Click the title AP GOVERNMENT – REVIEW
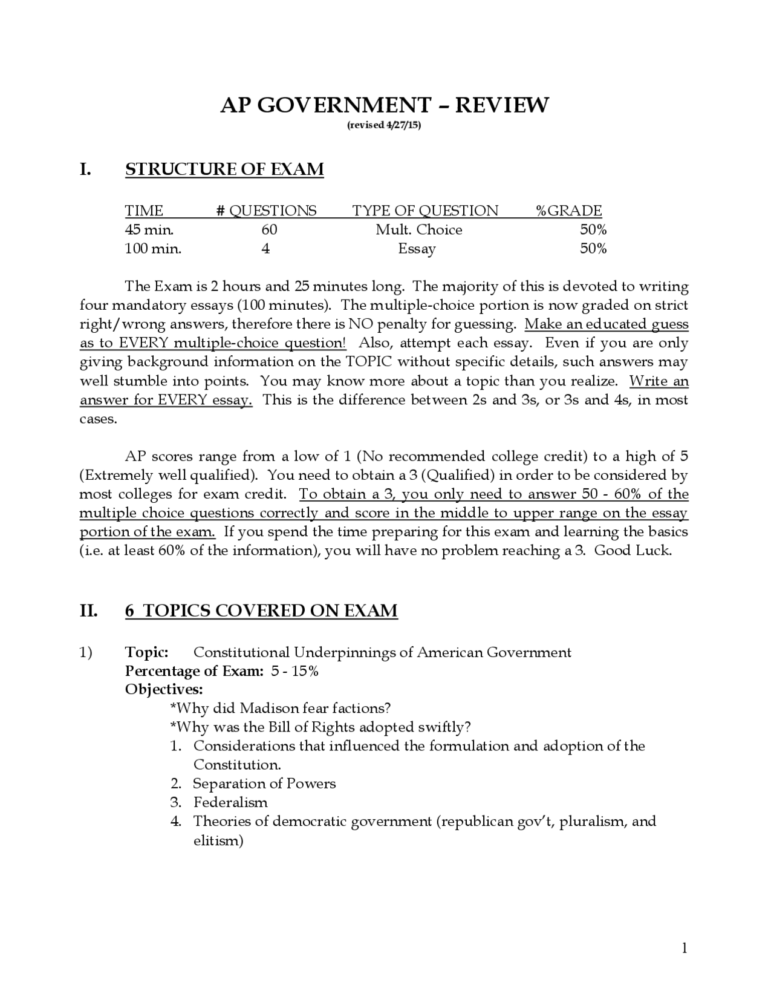[x=385, y=105]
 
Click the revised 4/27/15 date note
[x=384, y=125]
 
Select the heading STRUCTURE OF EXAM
[x=224, y=169]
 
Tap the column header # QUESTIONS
[x=266, y=211]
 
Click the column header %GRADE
[x=569, y=211]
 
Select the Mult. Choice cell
[x=418, y=230]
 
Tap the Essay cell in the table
[x=417, y=249]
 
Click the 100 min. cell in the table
[x=152, y=249]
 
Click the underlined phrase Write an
[x=659, y=381]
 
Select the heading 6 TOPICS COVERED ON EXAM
[x=261, y=611]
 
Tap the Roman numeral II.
[x=88, y=611]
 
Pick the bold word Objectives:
[x=164, y=690]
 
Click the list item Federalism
[x=230, y=802]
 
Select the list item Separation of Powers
[x=264, y=784]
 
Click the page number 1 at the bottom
[x=685, y=948]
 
